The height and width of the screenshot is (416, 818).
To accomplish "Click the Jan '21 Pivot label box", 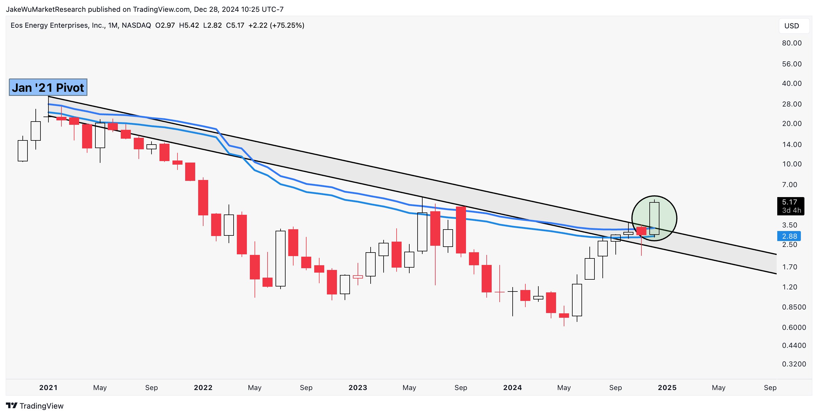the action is (48, 87).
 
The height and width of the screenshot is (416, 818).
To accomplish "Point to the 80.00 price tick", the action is (792, 43).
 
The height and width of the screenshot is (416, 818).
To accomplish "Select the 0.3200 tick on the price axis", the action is (794, 364).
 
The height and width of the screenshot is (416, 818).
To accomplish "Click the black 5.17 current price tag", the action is (790, 206).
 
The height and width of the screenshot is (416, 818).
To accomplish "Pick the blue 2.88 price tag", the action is (789, 236).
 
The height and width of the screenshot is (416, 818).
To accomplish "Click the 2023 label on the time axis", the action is (358, 387).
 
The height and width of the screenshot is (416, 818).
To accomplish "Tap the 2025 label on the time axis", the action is (667, 387).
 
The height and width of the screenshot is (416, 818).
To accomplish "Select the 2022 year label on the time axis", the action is (203, 387).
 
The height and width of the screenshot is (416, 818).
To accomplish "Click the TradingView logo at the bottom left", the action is (35, 406).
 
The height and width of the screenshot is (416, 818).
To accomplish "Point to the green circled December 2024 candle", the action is (654, 218).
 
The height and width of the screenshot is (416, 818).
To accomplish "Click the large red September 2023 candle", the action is (461, 230).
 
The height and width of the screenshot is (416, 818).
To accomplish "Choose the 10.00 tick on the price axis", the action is (792, 164).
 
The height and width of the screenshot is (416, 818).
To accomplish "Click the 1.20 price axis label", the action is (789, 287).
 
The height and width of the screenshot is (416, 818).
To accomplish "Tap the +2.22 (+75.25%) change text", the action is (276, 25).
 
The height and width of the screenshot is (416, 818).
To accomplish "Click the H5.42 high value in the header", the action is (189, 25).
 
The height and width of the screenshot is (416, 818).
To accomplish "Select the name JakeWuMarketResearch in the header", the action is (46, 9).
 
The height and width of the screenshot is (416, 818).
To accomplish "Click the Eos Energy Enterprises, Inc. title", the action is (58, 25).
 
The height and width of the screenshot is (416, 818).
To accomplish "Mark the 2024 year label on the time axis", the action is (512, 387).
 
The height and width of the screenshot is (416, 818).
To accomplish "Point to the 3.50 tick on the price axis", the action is (789, 225).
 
